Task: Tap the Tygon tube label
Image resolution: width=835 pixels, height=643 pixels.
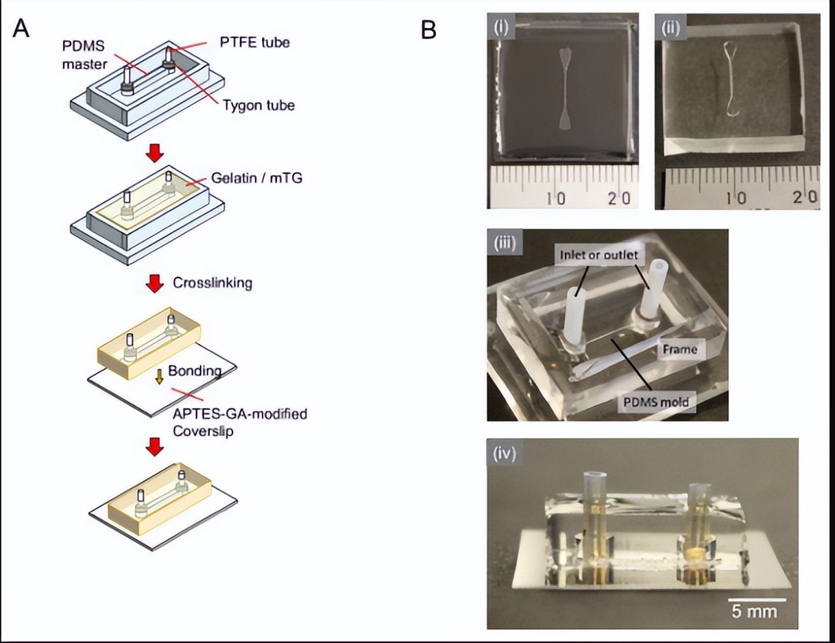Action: [258, 105]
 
